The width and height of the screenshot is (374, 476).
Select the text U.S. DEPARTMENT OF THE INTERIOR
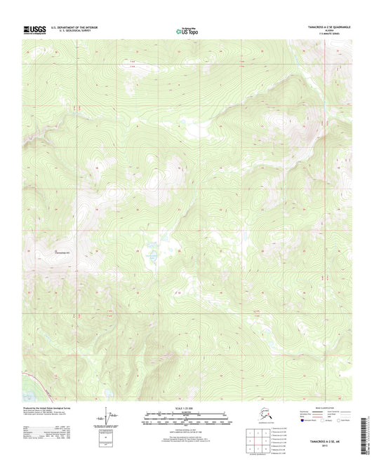click(76, 27)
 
